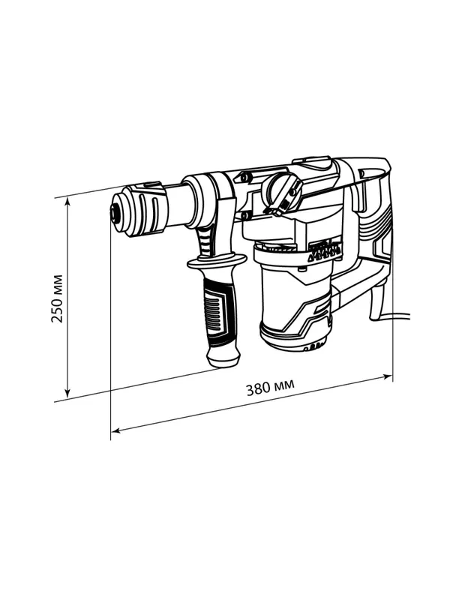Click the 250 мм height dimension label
[57, 298]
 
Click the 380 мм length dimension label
[270, 388]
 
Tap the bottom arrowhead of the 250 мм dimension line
[67, 394]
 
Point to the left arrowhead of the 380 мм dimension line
[115, 430]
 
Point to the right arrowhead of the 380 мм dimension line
[387, 377]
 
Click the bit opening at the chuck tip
[113, 213]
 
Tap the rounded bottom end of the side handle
[223, 358]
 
